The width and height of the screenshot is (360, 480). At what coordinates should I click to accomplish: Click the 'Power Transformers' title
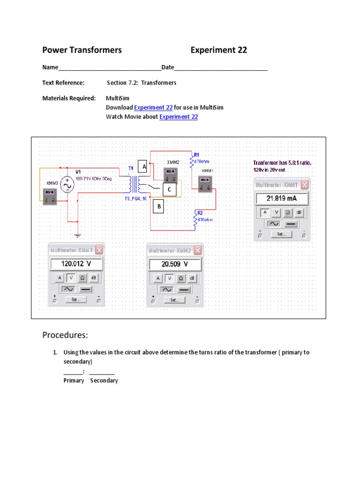point(82,50)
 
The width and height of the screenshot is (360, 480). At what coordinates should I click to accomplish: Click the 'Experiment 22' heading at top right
point(218,50)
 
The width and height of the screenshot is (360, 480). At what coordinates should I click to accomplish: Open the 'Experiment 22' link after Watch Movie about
point(179,117)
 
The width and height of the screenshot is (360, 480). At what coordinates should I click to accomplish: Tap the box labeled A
point(144,167)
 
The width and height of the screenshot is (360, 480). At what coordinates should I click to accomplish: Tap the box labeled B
point(158,206)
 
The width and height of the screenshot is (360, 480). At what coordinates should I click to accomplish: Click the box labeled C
point(169,189)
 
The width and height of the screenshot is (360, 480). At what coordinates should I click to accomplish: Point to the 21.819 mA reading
point(281,198)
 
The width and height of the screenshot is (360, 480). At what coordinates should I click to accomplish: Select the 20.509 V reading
point(174,264)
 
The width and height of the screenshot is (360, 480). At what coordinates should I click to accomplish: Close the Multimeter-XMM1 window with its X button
point(305,185)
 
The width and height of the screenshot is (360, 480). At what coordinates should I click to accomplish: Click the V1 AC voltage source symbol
point(67,185)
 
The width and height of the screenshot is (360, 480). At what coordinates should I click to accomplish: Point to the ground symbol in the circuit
point(78,235)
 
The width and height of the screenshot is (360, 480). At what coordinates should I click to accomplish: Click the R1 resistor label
point(196,154)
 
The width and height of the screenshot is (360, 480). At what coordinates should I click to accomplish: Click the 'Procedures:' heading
point(65,335)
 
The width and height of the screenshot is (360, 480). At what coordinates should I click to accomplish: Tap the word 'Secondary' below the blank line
point(104,380)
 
